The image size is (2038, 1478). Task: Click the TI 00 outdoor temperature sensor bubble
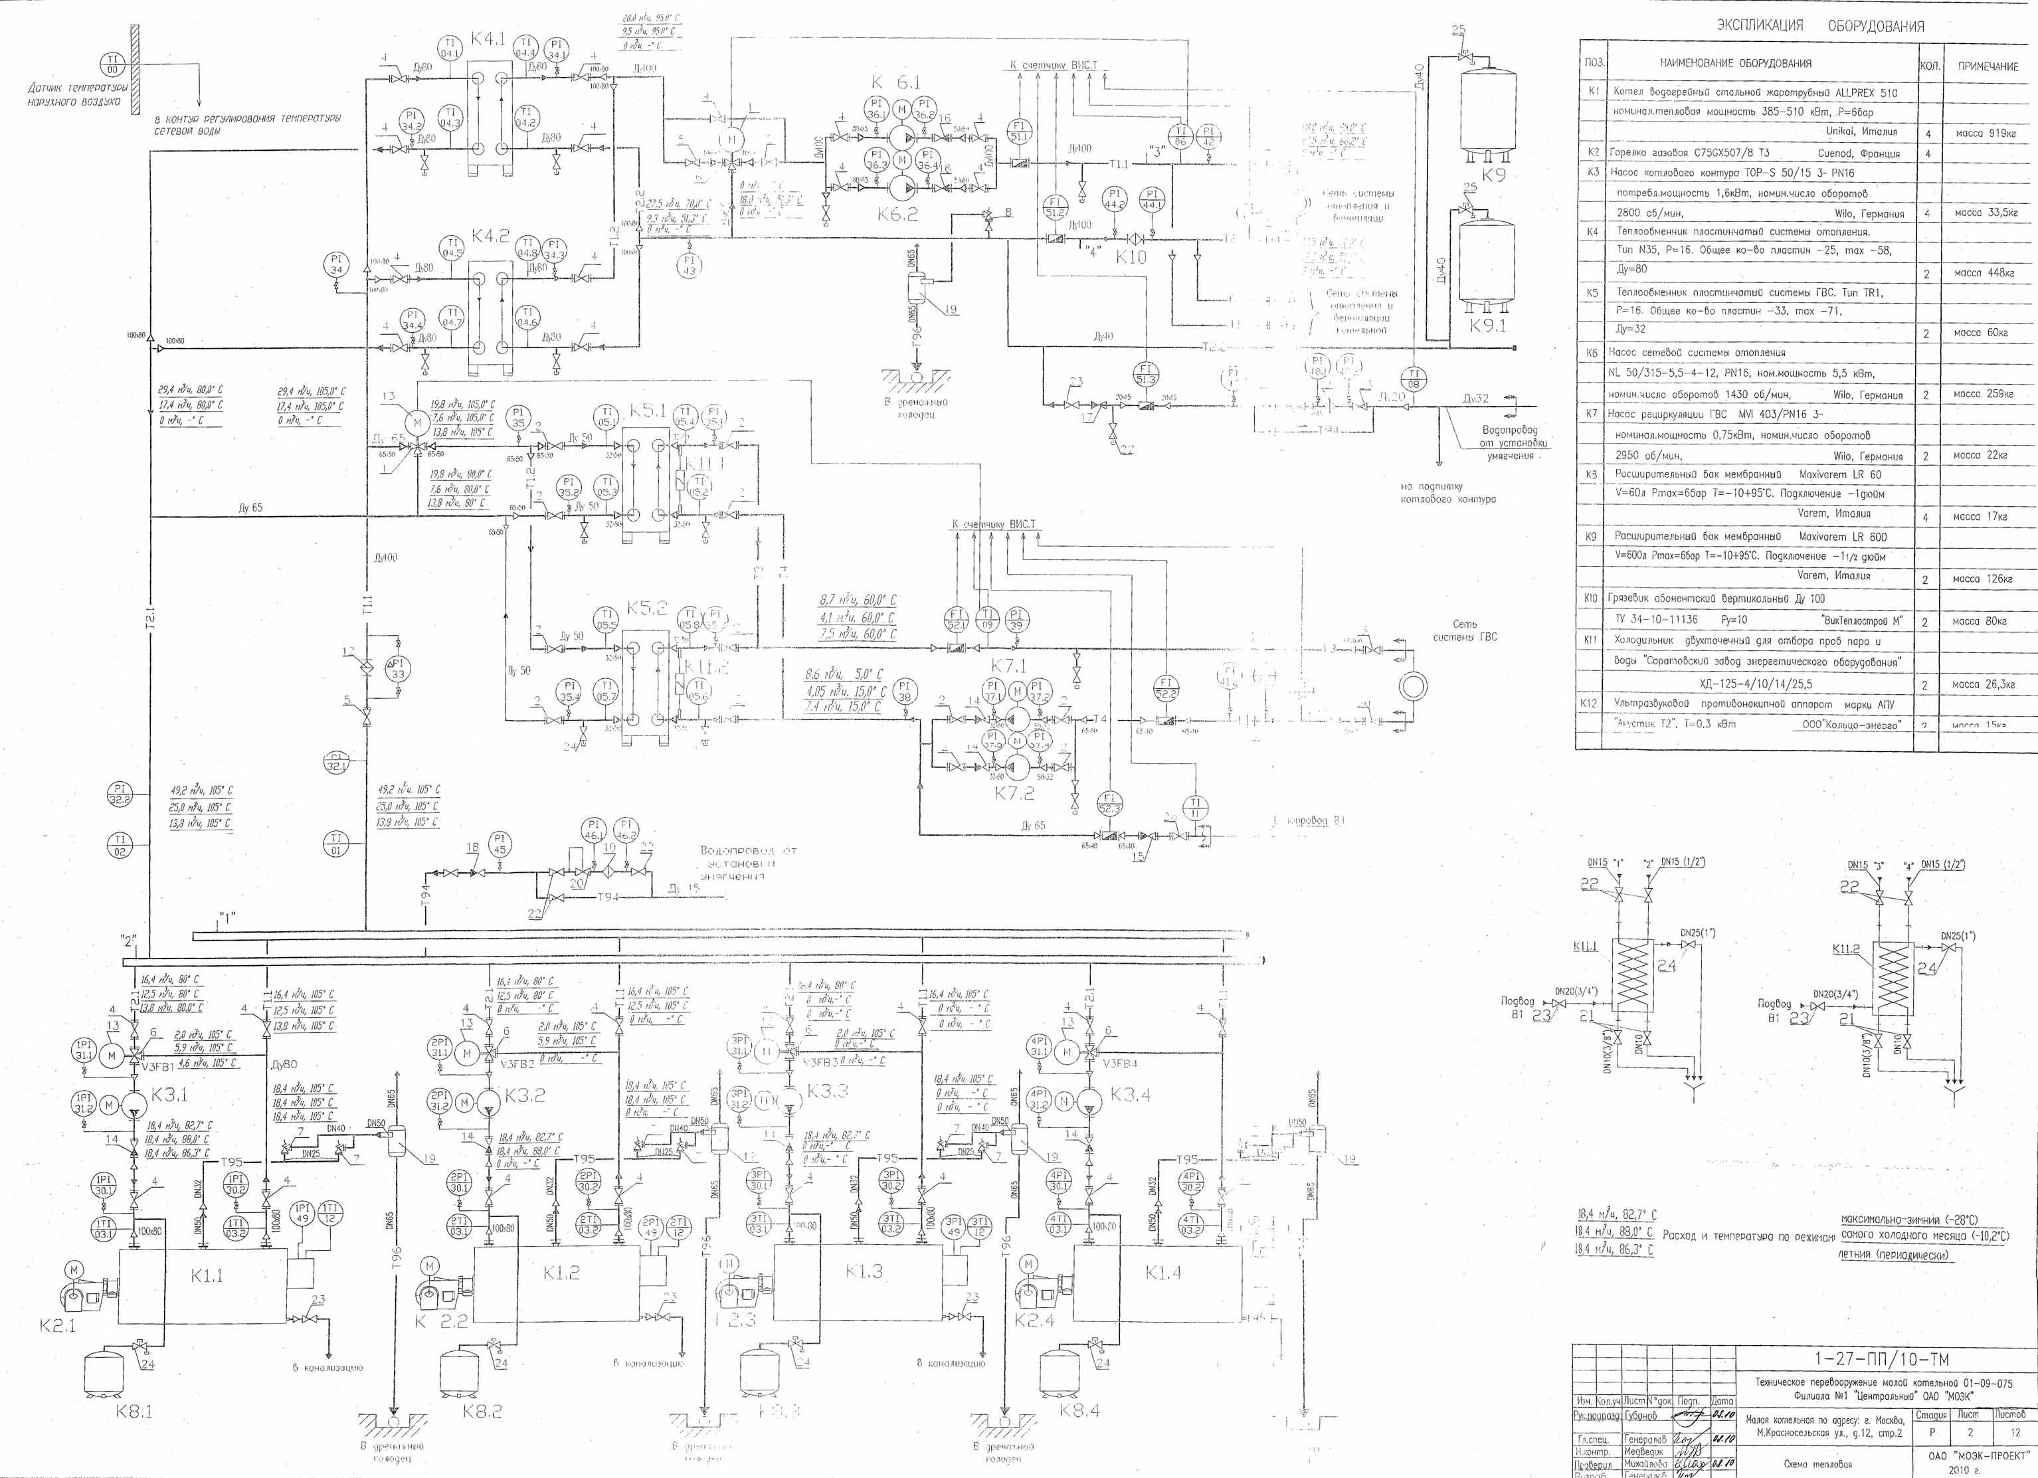[113, 64]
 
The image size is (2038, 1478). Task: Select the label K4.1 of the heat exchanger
[489, 40]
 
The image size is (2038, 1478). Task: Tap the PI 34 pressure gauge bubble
[336, 265]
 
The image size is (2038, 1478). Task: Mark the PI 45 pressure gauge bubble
[500, 844]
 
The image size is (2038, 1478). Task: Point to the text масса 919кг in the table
[1986, 133]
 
